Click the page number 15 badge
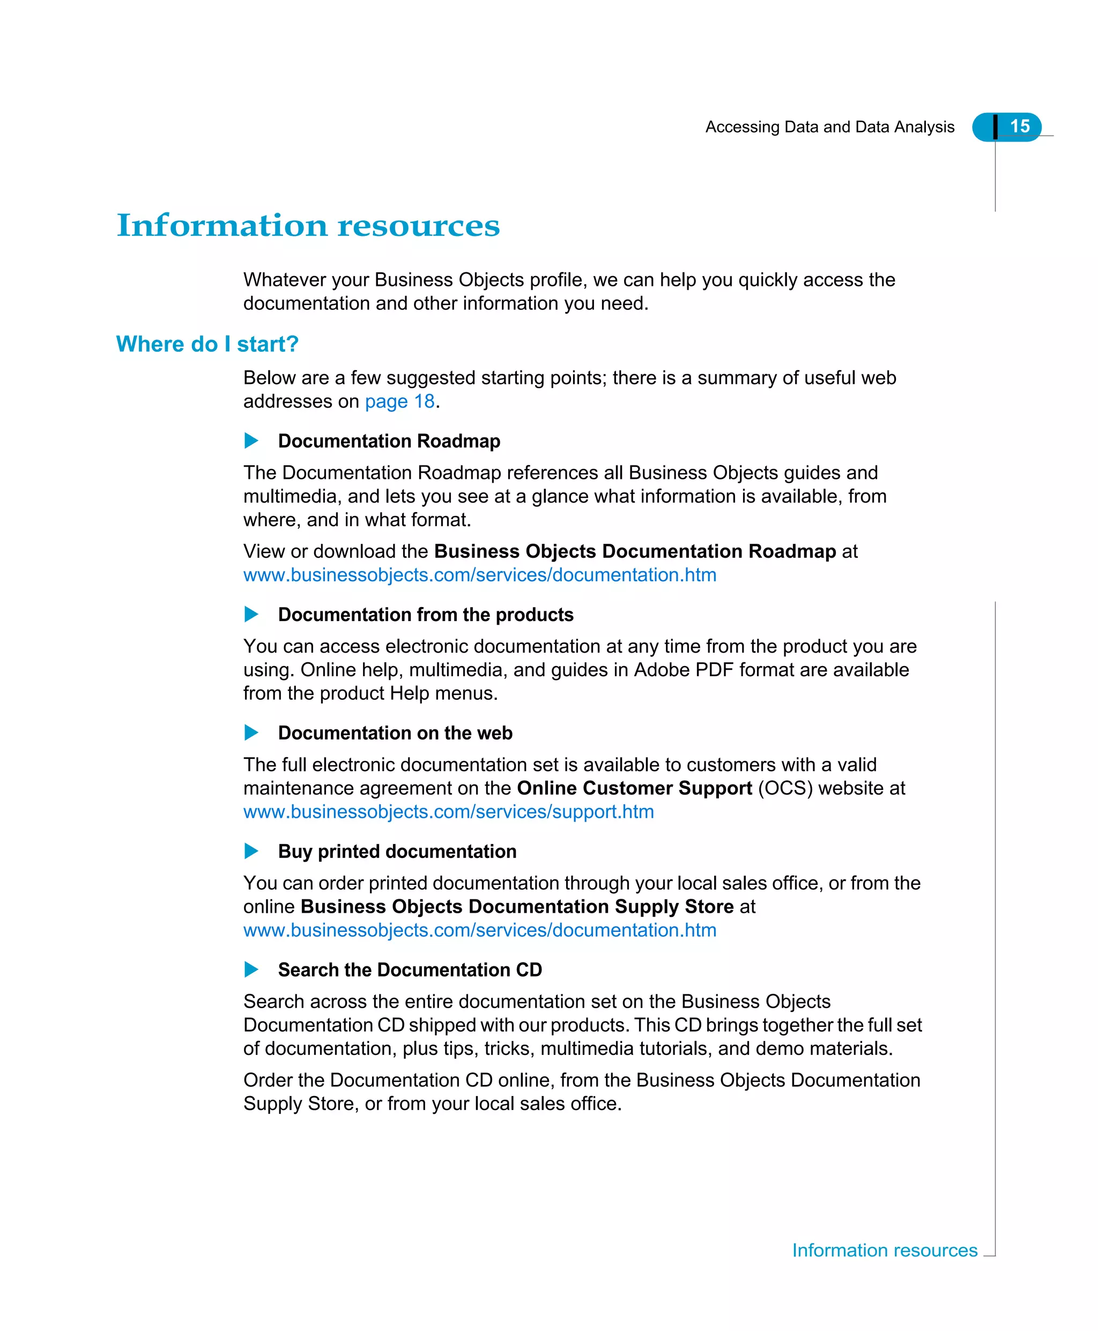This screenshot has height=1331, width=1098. tap(1018, 127)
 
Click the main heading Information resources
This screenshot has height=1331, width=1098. tap(308, 226)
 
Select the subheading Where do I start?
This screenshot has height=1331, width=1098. tap(207, 344)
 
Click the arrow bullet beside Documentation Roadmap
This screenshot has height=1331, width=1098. tap(251, 441)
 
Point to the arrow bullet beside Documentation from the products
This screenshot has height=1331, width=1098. tap(251, 614)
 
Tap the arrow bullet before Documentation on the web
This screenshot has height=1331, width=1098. tap(251, 733)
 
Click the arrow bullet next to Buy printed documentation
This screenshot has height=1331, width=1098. tap(251, 851)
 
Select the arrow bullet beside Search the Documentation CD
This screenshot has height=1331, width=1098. tap(251, 969)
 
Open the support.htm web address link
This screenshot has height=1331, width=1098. tap(448, 812)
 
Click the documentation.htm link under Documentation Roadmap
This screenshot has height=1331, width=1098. tap(479, 575)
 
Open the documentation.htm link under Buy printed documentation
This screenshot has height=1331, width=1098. tap(479, 930)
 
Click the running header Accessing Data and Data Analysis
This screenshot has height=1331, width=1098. tap(829, 127)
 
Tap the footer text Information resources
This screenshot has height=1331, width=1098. tap(884, 1250)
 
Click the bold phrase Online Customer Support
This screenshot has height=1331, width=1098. tap(634, 788)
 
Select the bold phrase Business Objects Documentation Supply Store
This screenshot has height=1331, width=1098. tap(517, 906)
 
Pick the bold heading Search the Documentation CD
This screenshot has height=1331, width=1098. tap(410, 970)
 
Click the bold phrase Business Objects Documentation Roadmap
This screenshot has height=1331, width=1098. tap(635, 552)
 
